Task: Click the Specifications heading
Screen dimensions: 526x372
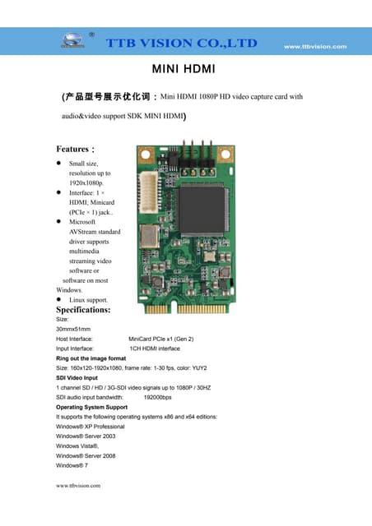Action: click(83, 311)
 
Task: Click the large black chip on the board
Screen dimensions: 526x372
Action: click(203, 209)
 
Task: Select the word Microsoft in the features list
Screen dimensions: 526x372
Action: click(82, 222)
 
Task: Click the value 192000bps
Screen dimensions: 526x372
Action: click(158, 397)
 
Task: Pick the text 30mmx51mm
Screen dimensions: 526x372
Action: click(73, 329)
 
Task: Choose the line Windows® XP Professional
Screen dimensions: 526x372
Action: click(91, 427)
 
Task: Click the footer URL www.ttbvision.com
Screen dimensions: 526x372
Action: click(77, 486)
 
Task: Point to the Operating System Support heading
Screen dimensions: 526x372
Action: click(91, 407)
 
